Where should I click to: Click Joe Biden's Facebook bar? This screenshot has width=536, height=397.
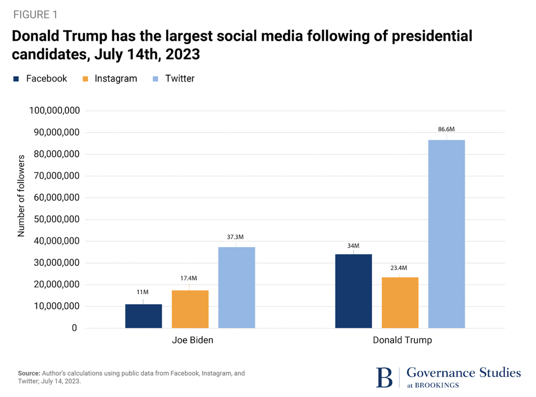pos(144,316)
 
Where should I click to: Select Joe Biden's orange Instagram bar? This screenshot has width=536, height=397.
pos(190,309)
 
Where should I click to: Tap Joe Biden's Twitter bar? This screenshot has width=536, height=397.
pos(236,287)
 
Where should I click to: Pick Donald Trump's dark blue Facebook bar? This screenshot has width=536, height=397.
pos(353,291)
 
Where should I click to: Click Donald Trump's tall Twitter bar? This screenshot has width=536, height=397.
pos(446,234)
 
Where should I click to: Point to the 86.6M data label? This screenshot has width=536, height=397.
pos(446,130)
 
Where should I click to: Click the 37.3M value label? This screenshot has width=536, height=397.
pos(236,237)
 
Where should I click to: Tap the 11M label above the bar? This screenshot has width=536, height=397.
pos(143,292)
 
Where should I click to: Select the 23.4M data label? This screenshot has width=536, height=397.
pos(399,268)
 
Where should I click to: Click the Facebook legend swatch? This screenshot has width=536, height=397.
pos(16,79)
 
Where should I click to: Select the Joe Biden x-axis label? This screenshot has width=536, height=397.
pos(192,341)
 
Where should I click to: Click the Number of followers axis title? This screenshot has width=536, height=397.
pos(21,196)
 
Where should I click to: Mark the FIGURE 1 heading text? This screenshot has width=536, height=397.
pos(35,14)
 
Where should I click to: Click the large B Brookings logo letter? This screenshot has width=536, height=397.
pos(384,376)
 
